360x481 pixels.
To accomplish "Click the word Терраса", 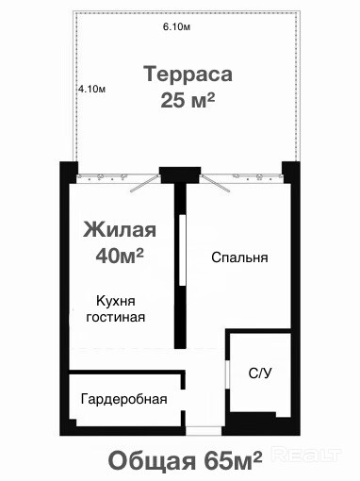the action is [188, 75].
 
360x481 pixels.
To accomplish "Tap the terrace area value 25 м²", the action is [188, 100].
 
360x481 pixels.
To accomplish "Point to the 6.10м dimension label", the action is [176, 27].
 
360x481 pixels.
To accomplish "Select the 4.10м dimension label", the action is [91, 89].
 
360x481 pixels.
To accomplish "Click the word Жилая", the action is [120, 229].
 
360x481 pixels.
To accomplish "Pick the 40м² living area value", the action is [120, 256].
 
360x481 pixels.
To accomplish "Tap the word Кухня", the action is [116, 301].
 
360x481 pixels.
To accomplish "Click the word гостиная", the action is [116, 317].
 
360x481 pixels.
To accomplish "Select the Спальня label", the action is [239, 257].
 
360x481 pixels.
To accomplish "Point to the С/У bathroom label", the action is [260, 373].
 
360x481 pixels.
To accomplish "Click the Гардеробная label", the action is [123, 399].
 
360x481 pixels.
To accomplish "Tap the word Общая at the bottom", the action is [152, 461].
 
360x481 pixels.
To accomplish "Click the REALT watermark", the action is [306, 455].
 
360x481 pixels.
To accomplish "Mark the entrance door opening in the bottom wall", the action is [204, 431].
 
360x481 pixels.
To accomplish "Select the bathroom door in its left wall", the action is [228, 373].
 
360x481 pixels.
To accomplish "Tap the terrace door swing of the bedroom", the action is [215, 183].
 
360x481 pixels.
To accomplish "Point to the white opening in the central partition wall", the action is [182, 250].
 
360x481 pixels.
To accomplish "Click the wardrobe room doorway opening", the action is [183, 400].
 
